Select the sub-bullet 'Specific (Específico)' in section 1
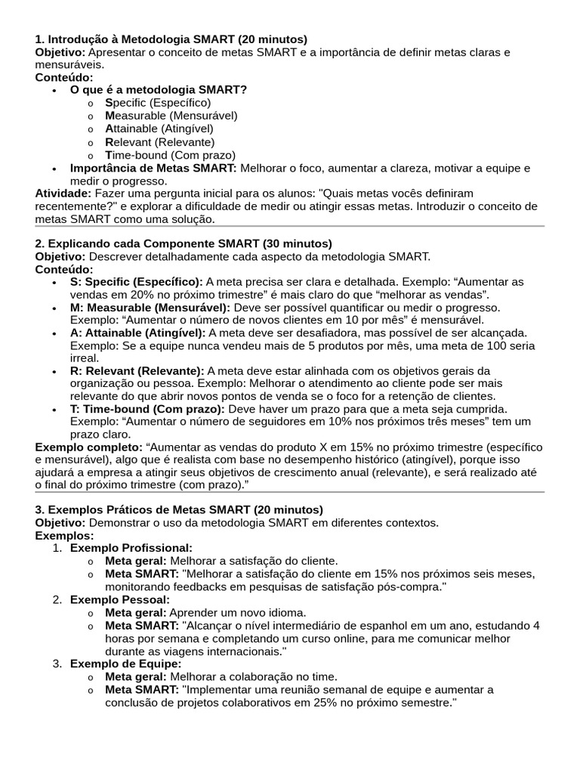click(158, 102)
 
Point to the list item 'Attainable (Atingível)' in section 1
click(159, 128)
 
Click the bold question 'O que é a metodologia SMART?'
click(159, 89)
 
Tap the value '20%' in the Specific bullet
click(132, 294)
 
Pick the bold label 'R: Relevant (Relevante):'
click(137, 370)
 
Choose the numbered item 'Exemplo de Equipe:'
click(125, 664)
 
